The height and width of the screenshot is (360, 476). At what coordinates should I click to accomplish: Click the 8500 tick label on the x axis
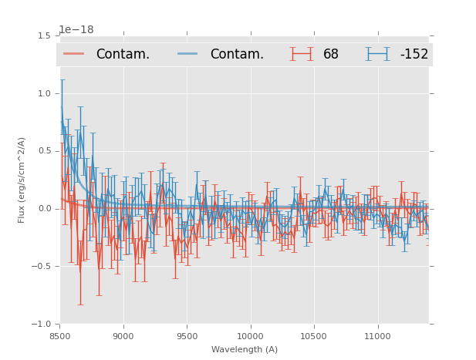pyautogui.click(x=60, y=336)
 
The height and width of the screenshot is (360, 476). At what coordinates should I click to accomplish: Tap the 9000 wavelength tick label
pyautogui.click(x=123, y=336)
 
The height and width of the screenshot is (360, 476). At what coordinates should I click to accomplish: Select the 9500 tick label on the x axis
pyautogui.click(x=187, y=336)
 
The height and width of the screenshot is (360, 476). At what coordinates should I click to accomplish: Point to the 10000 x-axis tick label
pyautogui.click(x=250, y=336)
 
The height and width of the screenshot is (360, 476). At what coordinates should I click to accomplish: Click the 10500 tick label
pyautogui.click(x=313, y=336)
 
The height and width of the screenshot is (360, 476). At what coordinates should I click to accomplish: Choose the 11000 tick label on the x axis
pyautogui.click(x=377, y=336)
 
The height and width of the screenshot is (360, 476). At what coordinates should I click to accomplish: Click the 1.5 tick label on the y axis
pyautogui.click(x=45, y=35)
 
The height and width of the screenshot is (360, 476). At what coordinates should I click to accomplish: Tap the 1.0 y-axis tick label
pyautogui.click(x=45, y=93)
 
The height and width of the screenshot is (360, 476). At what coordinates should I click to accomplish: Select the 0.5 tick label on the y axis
pyautogui.click(x=45, y=151)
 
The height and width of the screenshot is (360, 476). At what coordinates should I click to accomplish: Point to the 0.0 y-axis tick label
pyautogui.click(x=45, y=209)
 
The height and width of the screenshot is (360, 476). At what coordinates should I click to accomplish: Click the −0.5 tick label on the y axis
pyautogui.click(x=42, y=267)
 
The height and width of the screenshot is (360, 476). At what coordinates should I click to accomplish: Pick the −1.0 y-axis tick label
pyautogui.click(x=42, y=325)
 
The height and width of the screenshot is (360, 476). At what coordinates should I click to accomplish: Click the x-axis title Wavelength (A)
pyautogui.click(x=244, y=349)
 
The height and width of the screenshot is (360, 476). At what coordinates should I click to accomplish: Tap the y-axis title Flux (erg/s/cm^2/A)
pyautogui.click(x=22, y=180)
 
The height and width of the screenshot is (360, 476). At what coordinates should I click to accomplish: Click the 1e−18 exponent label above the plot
pyautogui.click(x=76, y=29)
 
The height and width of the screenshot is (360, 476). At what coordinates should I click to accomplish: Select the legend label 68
pyautogui.click(x=331, y=54)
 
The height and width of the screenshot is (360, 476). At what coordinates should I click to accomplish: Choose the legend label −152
pyautogui.click(x=414, y=54)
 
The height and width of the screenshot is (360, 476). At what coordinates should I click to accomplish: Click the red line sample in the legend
pyautogui.click(x=75, y=54)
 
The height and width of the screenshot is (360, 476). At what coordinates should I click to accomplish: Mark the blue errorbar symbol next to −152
pyautogui.click(x=378, y=54)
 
